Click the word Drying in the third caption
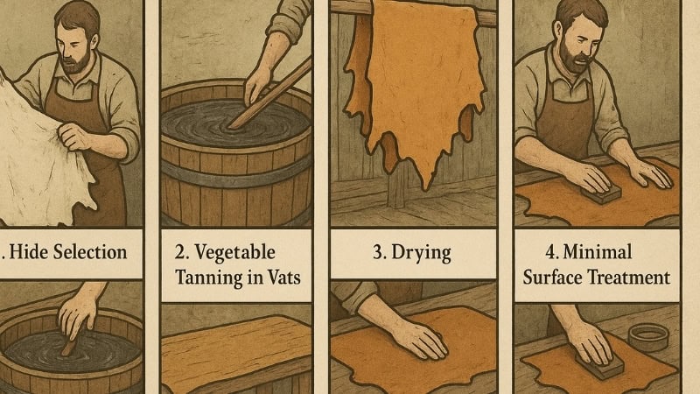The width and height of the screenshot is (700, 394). [x=422, y=253]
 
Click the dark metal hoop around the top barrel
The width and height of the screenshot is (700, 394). [x=236, y=172]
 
